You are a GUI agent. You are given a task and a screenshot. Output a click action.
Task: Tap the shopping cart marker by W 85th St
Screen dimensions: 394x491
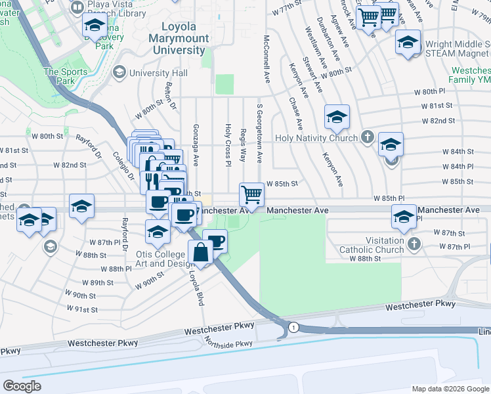click(x=252, y=194)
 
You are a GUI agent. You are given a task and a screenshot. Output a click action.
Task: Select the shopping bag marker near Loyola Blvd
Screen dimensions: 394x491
click(x=200, y=252)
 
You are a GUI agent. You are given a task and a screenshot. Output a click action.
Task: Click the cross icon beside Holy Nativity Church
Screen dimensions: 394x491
click(x=368, y=138)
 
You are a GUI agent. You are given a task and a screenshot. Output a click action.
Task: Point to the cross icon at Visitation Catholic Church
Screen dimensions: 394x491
click(x=413, y=244)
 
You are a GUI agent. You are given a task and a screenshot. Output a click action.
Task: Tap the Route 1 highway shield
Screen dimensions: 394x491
click(x=293, y=327)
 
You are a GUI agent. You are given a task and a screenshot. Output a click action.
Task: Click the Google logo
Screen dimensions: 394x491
click(x=22, y=386)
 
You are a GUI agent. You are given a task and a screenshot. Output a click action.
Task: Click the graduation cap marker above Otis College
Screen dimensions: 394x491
click(x=158, y=231)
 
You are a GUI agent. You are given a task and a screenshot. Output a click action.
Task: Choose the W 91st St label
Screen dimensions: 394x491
click(x=82, y=309)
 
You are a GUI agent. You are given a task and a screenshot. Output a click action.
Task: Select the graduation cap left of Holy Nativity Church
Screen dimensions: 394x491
click(x=336, y=117)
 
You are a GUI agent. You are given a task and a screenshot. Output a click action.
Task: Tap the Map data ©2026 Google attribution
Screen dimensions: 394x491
click(x=450, y=389)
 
